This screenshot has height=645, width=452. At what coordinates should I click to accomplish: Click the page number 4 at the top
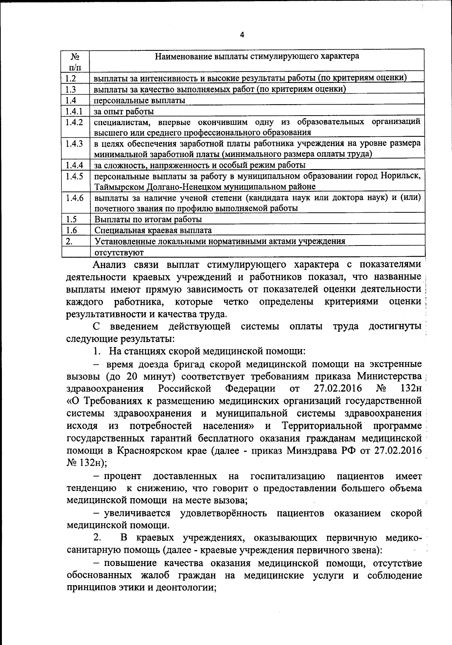tap(242, 35)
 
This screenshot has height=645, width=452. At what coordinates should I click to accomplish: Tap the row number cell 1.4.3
tap(74, 144)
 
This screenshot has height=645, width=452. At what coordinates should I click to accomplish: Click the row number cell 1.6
tap(71, 230)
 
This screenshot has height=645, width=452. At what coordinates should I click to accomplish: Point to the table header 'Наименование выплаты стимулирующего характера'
tap(257, 56)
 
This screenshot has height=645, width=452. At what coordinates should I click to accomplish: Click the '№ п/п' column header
tap(75, 62)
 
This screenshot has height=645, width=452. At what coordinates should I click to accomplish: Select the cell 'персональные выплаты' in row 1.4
tap(139, 101)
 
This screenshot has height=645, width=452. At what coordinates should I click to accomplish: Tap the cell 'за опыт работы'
tap(124, 111)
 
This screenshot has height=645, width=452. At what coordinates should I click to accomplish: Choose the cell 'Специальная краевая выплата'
tap(153, 230)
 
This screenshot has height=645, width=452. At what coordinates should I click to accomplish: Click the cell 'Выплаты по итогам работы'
tap(148, 219)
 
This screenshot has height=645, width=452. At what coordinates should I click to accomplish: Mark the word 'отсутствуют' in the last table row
tap(119, 252)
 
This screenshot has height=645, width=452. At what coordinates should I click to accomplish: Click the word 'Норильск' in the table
tap(400, 176)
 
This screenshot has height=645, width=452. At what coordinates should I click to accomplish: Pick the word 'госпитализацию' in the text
tap(288, 476)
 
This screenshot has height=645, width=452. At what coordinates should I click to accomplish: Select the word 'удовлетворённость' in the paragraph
tap(224, 513)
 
